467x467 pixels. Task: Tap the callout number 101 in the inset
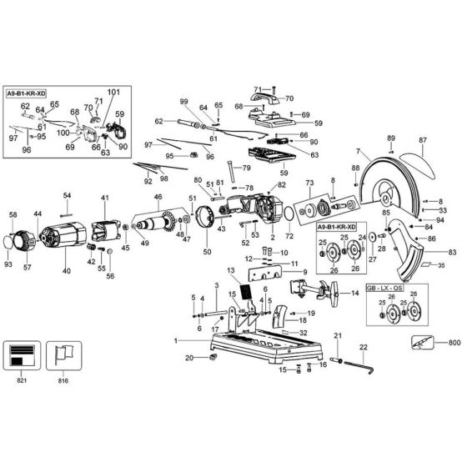(113, 92)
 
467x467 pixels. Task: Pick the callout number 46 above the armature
(158, 197)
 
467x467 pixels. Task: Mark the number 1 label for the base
(176, 341)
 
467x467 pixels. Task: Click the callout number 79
(246, 168)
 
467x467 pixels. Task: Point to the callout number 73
(309, 183)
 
